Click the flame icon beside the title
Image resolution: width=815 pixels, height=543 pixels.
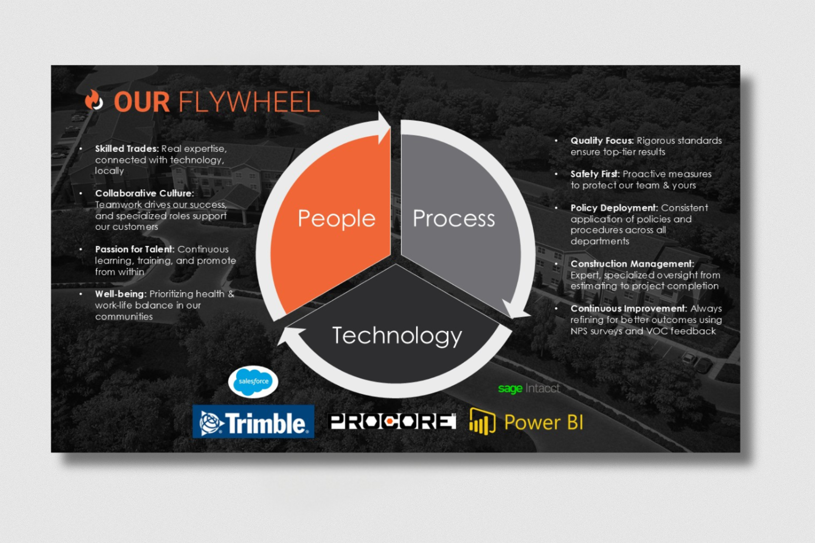point(94,100)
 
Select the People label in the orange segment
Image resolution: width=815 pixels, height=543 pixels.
point(337,219)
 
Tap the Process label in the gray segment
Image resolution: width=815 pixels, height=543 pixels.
point(454,218)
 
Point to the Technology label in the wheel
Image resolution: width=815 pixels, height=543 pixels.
point(397,336)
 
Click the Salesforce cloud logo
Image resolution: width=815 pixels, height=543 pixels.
point(253,381)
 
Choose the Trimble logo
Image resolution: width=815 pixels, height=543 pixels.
point(253,421)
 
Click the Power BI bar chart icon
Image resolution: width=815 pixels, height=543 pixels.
point(483,422)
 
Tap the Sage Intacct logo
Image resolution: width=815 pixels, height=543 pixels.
point(529,388)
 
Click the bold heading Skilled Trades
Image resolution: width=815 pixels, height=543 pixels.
point(127,149)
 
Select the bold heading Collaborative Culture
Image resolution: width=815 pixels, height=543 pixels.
point(144,193)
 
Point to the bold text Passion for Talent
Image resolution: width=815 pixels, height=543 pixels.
point(135,249)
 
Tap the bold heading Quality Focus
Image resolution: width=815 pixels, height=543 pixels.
point(602,141)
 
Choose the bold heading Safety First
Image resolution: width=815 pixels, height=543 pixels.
point(595,174)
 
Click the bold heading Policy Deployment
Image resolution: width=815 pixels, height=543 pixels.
point(614,208)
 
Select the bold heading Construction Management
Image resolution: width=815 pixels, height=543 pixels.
point(632,264)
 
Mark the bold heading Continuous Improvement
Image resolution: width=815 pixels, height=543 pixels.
point(629,308)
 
